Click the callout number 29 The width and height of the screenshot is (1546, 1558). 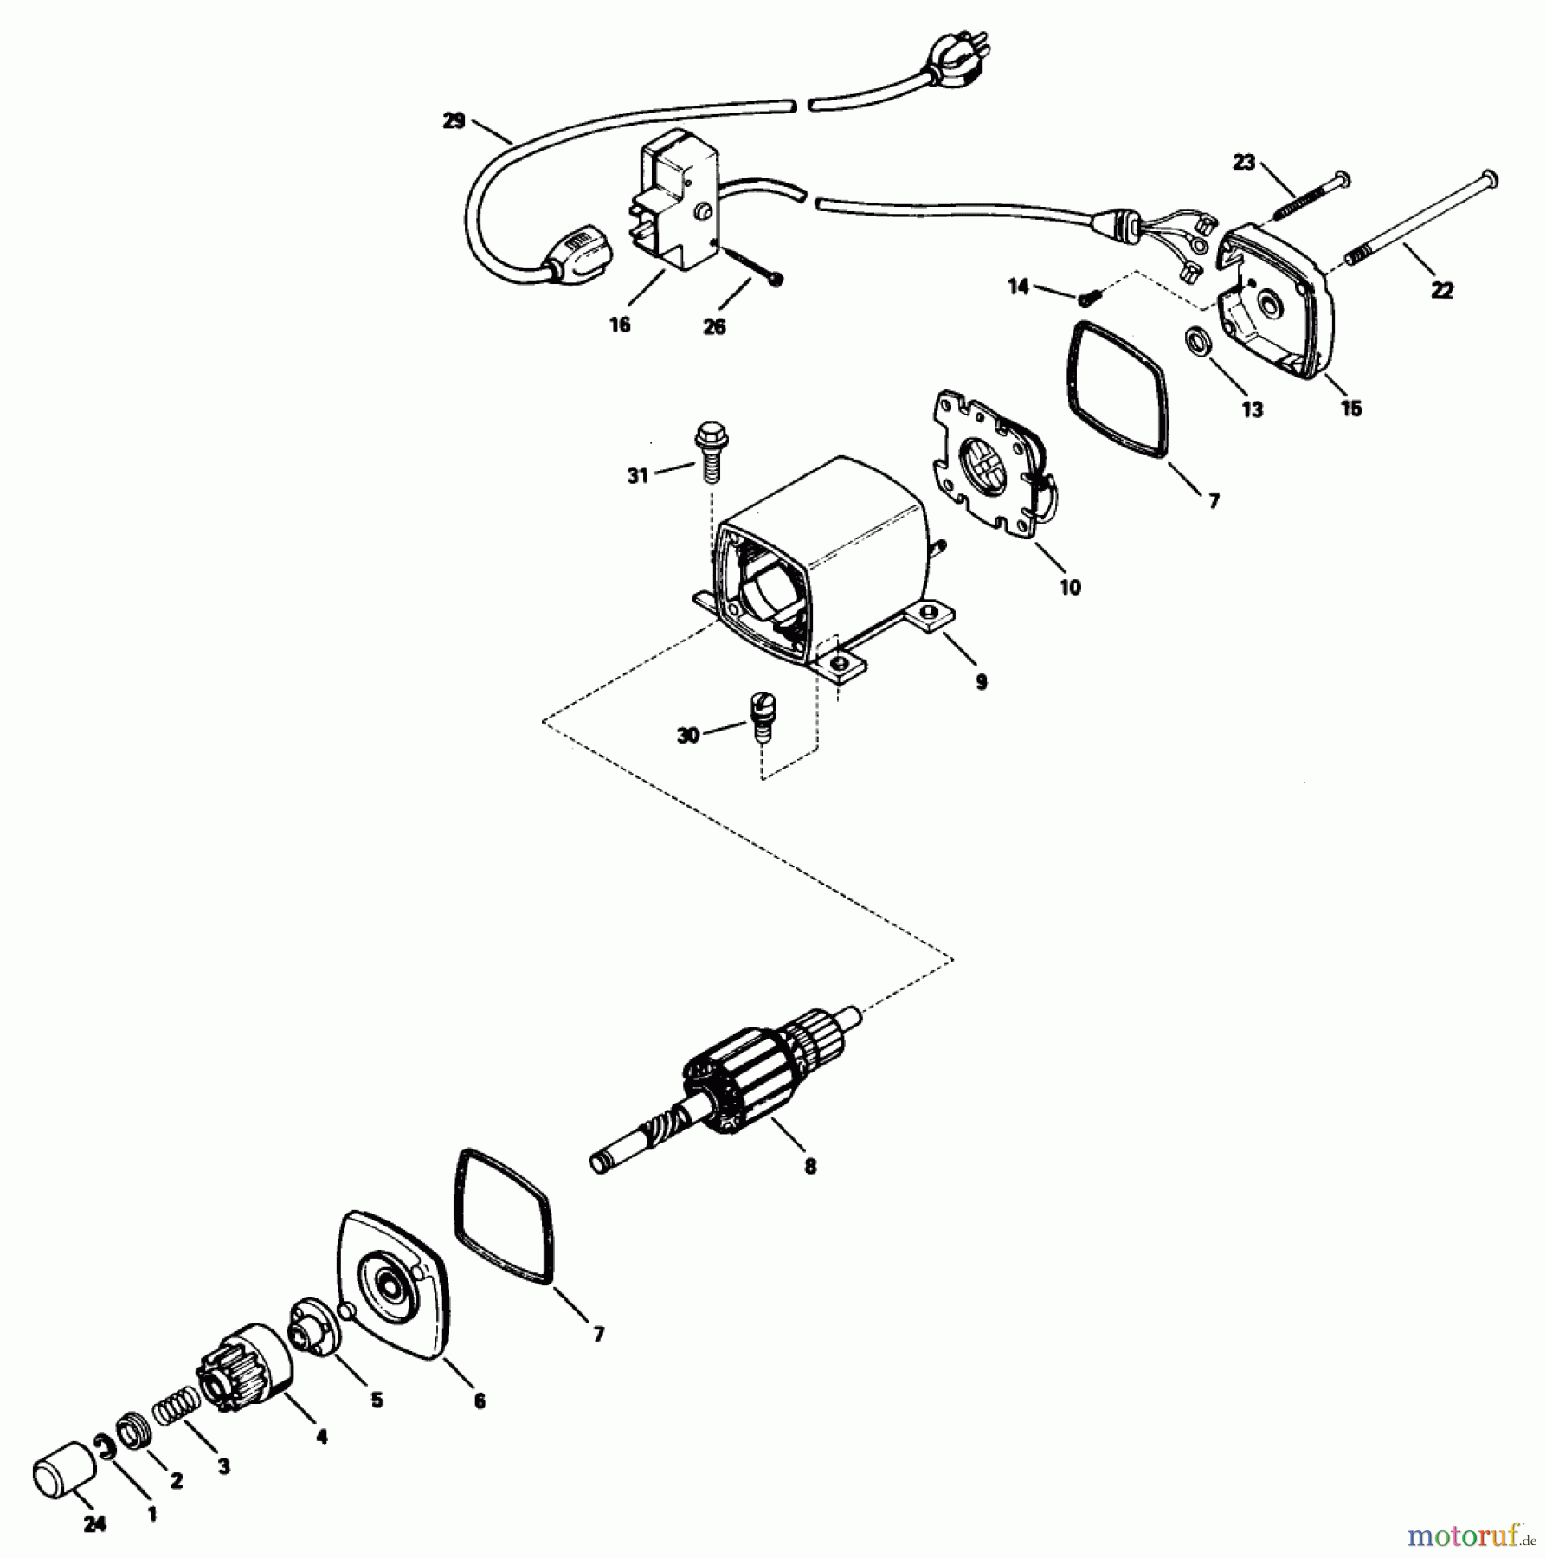click(x=454, y=121)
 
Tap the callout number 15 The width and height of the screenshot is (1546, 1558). click(x=1350, y=408)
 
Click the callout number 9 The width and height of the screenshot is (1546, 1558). click(x=981, y=682)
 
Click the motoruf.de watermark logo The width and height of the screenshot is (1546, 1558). click(x=1472, y=1535)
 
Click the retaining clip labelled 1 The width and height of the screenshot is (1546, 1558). click(x=106, y=1445)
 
